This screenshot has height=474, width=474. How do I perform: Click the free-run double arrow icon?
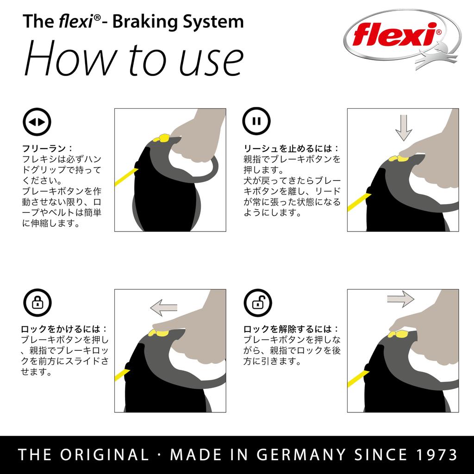tap(37, 122)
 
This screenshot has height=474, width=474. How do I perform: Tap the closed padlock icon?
tap(37, 303)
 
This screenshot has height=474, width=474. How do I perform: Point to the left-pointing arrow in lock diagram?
tap(164, 306)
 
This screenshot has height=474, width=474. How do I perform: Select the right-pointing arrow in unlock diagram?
tap(400, 299)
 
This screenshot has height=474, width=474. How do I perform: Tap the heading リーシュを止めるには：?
tap(291, 149)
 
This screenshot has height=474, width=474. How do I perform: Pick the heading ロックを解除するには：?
tap(291, 330)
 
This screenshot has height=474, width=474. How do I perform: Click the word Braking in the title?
tap(138, 21)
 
